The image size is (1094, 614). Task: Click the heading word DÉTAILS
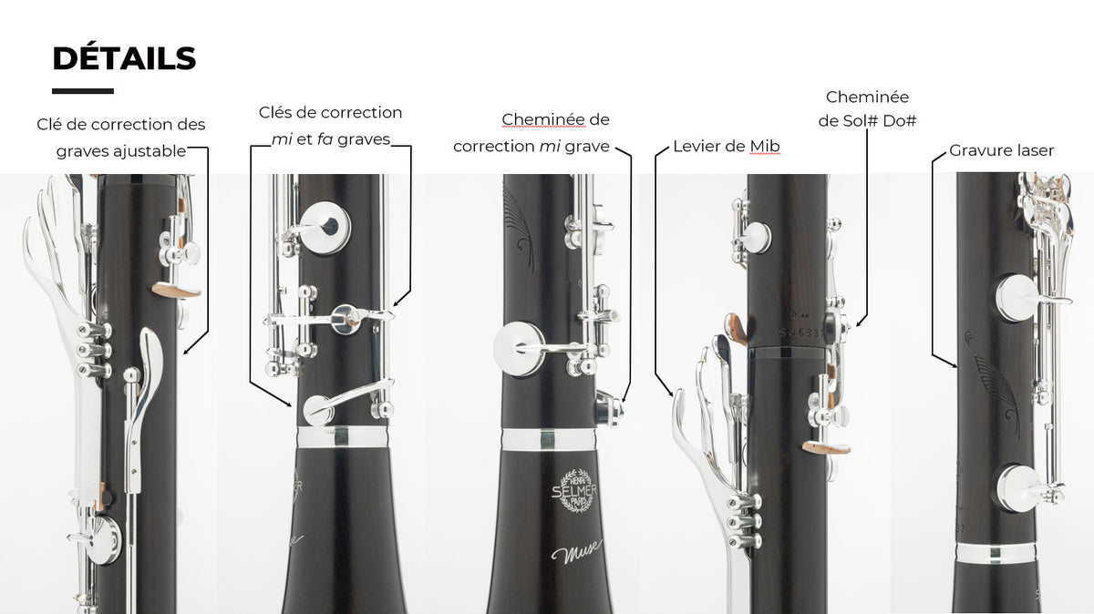[x=124, y=58]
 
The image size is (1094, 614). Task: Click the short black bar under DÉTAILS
[x=83, y=91]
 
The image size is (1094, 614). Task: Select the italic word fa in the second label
[x=325, y=139]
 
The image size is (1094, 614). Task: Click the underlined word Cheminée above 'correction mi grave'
[x=543, y=119]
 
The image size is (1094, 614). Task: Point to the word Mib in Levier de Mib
[x=765, y=146]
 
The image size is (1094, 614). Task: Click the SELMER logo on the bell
[x=573, y=490]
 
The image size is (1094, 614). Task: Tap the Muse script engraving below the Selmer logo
[x=576, y=551]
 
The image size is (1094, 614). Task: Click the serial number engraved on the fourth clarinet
[x=802, y=332]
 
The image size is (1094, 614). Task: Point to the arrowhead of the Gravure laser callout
[x=954, y=364]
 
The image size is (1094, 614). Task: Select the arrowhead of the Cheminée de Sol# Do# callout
[x=859, y=323]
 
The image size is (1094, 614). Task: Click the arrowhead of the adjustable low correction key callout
[x=187, y=351]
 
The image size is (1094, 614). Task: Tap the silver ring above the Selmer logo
[x=549, y=440]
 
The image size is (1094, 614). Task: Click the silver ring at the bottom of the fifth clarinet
[x=996, y=553]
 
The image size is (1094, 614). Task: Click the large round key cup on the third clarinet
[x=519, y=349]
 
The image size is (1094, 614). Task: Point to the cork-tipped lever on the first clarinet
[x=176, y=291]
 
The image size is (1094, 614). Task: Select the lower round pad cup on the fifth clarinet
[x=1018, y=488]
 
